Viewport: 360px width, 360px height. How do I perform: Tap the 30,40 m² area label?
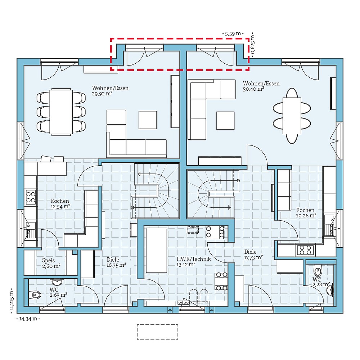(x=254, y=89)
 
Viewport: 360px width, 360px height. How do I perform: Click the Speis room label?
(x=49, y=260)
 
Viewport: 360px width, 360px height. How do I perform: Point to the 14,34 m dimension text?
(x=28, y=319)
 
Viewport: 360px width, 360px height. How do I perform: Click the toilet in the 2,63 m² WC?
(x=35, y=295)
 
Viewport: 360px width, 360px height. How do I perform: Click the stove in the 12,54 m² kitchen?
(x=31, y=197)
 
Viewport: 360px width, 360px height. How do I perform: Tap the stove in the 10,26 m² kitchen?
(x=305, y=249)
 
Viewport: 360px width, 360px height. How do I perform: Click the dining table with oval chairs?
(x=292, y=115)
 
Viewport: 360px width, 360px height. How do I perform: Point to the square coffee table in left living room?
(x=148, y=120)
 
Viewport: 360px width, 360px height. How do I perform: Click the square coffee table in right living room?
(x=225, y=120)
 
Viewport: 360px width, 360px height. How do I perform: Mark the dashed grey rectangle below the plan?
(x=157, y=332)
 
